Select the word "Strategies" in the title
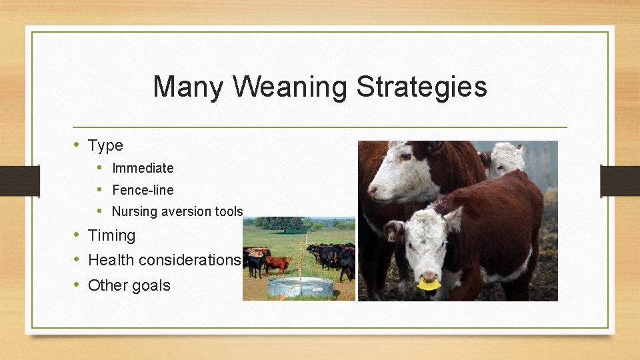coord(421,87)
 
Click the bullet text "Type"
coord(105,145)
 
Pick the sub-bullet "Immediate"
coord(143,168)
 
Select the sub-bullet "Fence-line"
coord(143,190)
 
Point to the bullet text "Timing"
coord(111,235)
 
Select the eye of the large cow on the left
coord(405,157)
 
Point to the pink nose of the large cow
coord(373,191)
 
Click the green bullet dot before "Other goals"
coord(77,285)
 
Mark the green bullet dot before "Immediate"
coord(99,168)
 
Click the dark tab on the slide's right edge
coord(619,180)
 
